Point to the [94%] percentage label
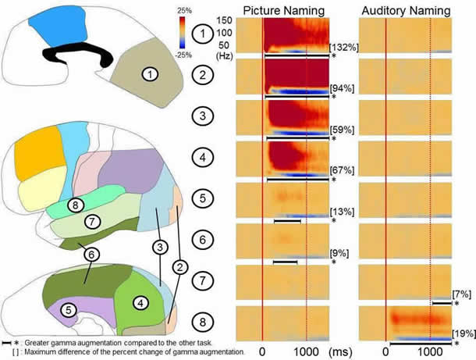(x=340, y=87)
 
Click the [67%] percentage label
(x=340, y=171)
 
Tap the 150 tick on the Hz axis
(x=226, y=20)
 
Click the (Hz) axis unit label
(x=225, y=56)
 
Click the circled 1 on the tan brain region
(x=151, y=73)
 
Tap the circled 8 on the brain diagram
(x=73, y=205)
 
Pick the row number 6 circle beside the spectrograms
(x=202, y=238)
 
